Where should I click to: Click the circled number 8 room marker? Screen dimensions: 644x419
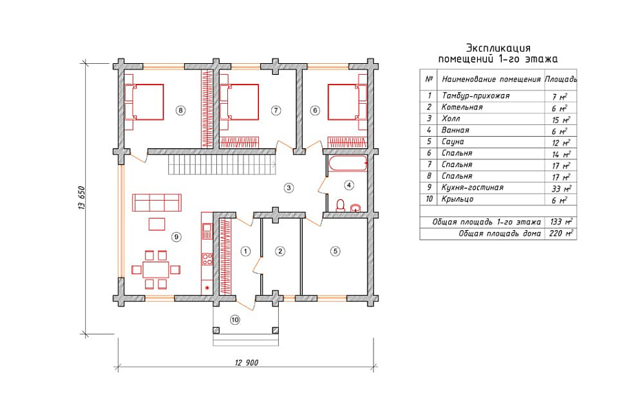180,110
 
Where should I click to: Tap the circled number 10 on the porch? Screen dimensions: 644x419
235,319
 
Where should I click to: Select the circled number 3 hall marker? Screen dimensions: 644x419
289,188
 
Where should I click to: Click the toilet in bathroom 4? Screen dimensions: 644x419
341,205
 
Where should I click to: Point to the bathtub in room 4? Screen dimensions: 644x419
347,164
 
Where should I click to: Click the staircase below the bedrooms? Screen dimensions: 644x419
222,165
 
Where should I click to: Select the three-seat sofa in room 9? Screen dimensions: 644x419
157,202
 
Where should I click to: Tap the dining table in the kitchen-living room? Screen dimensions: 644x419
156,269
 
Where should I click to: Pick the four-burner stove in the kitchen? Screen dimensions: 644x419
207,259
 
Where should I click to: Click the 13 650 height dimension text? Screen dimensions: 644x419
81,199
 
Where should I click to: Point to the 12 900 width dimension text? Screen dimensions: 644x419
246,362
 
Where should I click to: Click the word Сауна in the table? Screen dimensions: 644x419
452,141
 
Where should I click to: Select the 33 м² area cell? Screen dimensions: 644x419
561,189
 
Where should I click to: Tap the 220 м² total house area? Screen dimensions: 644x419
561,234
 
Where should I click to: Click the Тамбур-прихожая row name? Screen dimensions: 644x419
476,95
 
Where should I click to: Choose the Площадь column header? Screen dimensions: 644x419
561,79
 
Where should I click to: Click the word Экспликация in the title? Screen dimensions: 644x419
498,48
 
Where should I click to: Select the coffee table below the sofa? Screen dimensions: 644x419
157,224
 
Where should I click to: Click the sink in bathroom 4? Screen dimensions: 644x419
356,207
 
